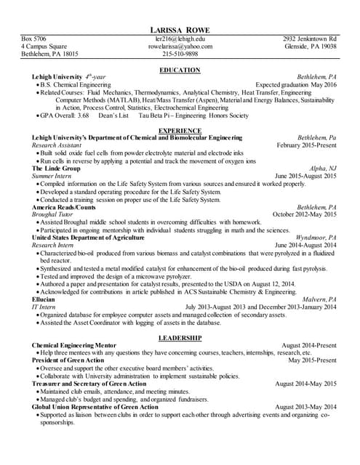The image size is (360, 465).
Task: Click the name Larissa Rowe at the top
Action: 180,28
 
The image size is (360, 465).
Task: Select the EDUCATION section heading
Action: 180,70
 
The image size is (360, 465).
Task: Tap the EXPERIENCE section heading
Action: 180,130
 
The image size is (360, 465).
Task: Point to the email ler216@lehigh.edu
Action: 180,38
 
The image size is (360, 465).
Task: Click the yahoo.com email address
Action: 180,46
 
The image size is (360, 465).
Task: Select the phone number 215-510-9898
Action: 180,54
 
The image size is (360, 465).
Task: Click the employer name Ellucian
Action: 44,299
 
